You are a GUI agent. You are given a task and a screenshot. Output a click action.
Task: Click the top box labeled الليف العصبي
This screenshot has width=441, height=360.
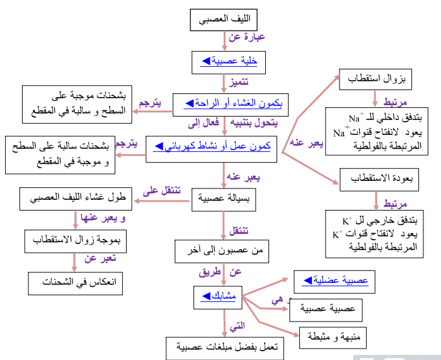point(225,20)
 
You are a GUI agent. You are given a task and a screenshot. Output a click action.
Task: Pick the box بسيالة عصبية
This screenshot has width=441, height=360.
point(223,201)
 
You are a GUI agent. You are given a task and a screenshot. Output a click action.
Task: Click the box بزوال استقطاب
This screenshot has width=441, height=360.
point(376,81)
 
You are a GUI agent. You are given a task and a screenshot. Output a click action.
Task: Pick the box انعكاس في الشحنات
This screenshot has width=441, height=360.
point(75,282)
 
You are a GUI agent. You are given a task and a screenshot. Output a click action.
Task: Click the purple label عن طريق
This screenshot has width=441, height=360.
point(226,272)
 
